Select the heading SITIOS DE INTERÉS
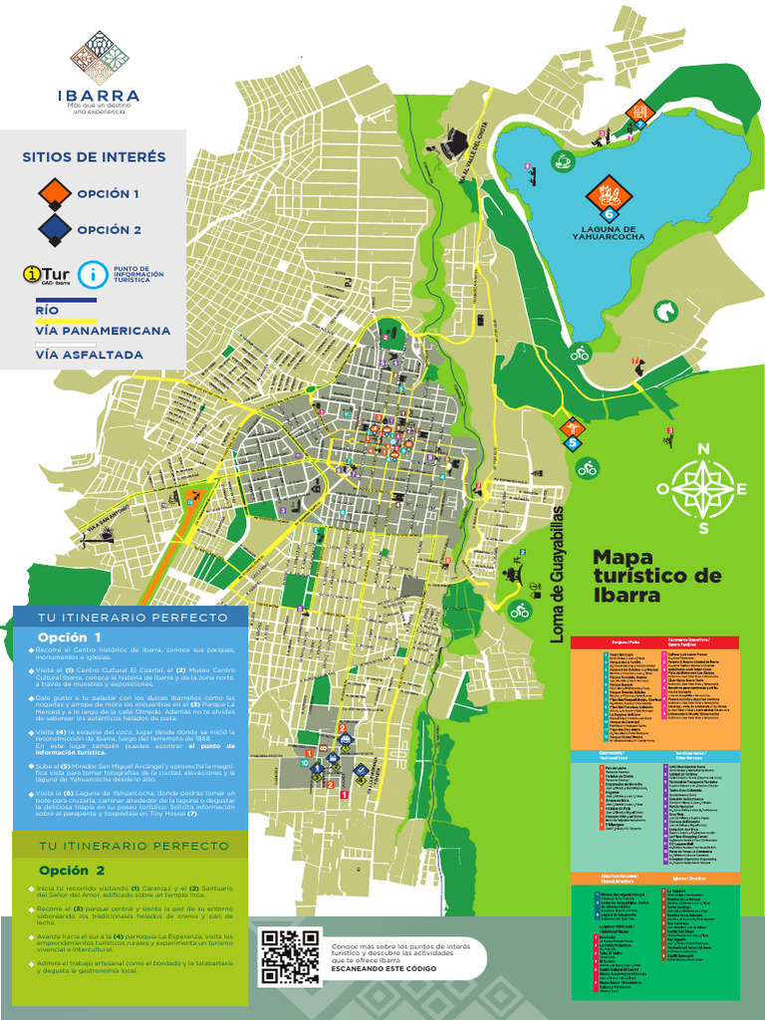click(x=94, y=157)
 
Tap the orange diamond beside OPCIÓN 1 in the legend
click(x=54, y=193)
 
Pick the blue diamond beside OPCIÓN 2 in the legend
click(x=54, y=230)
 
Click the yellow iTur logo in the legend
click(x=47, y=274)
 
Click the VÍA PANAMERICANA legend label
click(x=103, y=331)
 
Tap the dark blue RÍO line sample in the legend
click(x=66, y=300)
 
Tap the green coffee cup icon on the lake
click(x=562, y=160)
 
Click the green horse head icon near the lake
click(x=664, y=312)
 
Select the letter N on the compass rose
click(x=703, y=449)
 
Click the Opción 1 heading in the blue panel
click(x=70, y=637)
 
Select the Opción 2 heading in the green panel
click(x=72, y=870)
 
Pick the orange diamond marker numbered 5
click(x=571, y=429)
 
